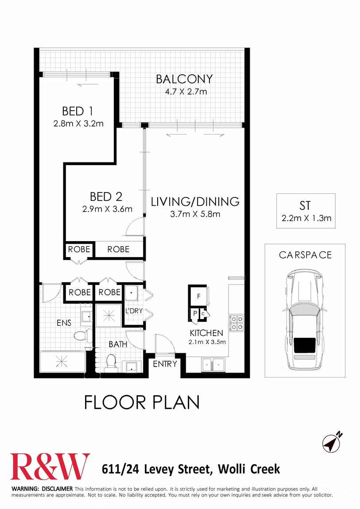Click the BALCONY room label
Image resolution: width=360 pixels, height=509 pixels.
tap(184, 79)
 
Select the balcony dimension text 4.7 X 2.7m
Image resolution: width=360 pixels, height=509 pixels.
tap(184, 92)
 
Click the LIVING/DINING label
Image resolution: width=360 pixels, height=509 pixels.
tap(195, 202)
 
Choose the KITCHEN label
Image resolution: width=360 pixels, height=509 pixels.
tap(206, 333)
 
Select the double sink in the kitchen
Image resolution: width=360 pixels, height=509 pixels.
tap(213, 365)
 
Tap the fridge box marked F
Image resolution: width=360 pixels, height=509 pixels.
tap(198, 296)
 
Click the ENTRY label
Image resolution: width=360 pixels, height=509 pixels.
tap(165, 364)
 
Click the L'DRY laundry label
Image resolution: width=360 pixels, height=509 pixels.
tap(134, 311)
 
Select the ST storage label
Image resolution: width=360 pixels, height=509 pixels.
tap(305, 205)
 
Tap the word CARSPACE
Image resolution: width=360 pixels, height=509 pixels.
tap(305, 255)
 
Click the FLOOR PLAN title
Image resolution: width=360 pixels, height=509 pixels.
tap(142, 402)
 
